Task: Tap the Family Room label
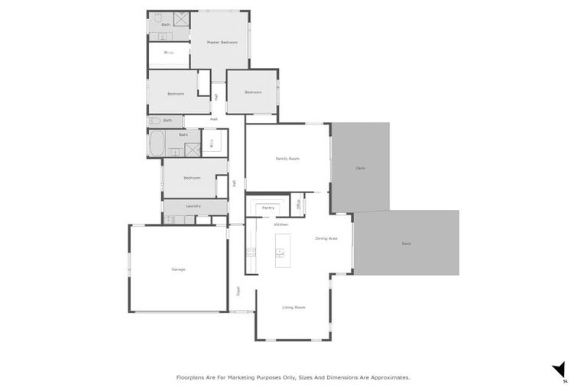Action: (287, 158)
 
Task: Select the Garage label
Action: (178, 269)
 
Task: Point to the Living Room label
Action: (293, 307)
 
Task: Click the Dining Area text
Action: (326, 238)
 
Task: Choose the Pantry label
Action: (268, 207)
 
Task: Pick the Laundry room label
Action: (193, 205)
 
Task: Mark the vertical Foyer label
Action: (238, 290)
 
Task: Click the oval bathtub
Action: (157, 144)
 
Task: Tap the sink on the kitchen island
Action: (281, 252)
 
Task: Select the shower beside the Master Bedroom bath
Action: (180, 18)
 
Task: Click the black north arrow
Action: (559, 370)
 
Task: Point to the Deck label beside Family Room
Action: (360, 168)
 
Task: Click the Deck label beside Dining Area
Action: (406, 244)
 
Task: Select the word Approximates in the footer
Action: (387, 377)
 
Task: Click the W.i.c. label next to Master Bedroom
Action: (169, 53)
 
